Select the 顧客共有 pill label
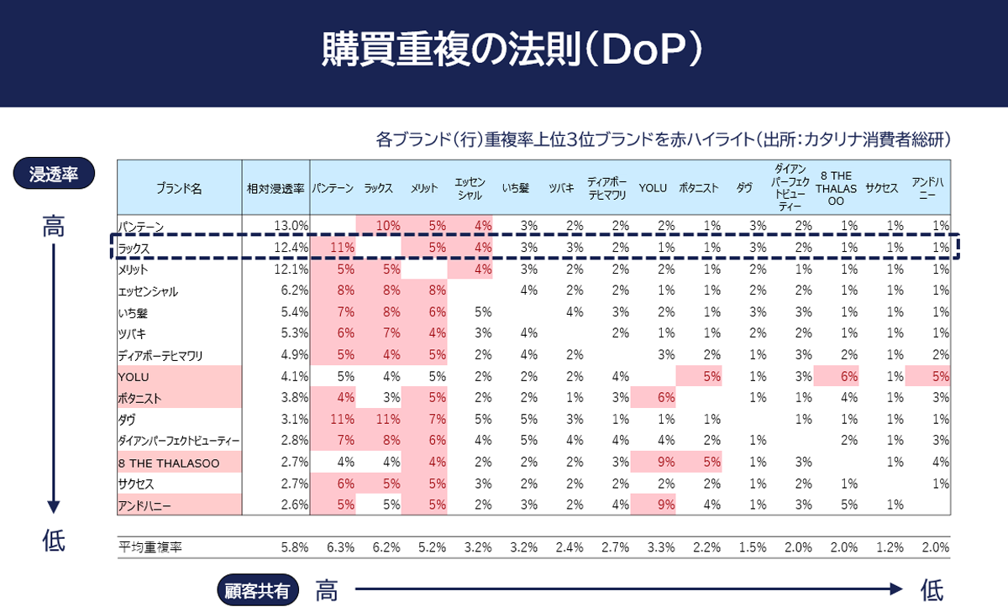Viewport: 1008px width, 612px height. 258,590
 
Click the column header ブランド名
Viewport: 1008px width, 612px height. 179,189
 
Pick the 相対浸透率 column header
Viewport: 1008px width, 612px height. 276,189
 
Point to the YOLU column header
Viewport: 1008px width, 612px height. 652,188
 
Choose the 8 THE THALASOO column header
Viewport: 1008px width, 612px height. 836,189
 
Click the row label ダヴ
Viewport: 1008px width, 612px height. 129,419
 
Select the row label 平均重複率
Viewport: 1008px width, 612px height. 151,547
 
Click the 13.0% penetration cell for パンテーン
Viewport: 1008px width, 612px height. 291,226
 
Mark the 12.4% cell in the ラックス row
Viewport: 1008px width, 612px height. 291,248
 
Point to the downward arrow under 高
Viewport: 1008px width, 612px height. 54,378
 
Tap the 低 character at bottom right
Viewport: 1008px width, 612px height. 931,591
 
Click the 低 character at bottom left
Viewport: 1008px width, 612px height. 54,541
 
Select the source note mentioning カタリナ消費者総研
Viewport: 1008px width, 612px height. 664,139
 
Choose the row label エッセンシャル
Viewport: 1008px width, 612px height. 149,291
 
